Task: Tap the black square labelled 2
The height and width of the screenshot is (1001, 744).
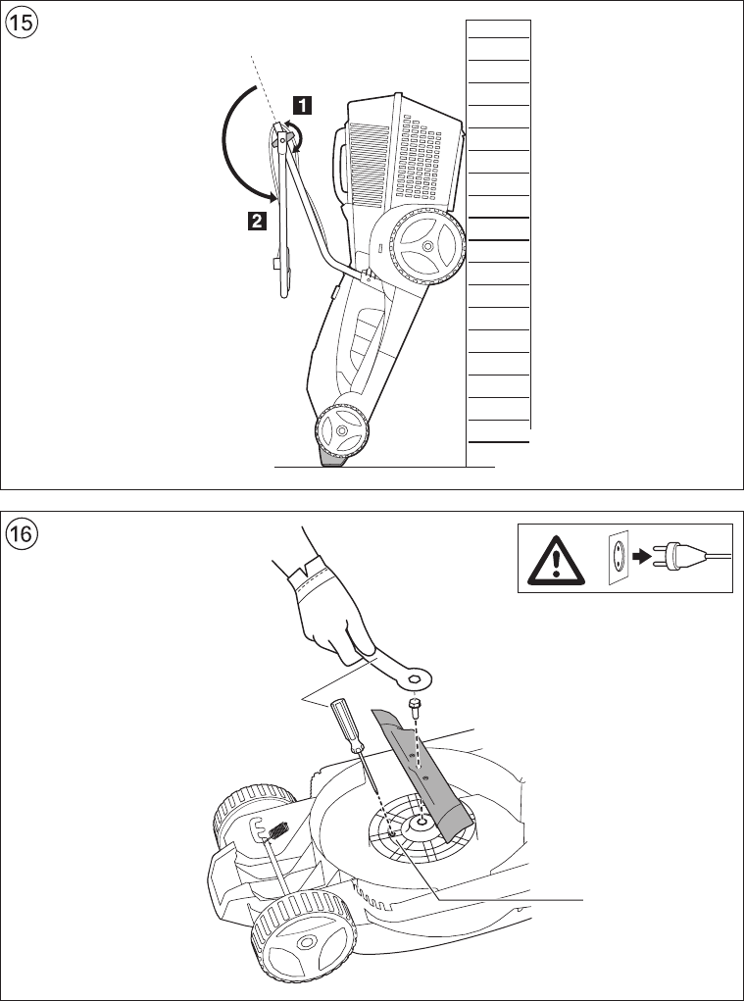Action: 255,222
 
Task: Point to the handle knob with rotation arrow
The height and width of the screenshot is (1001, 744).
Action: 286,142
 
